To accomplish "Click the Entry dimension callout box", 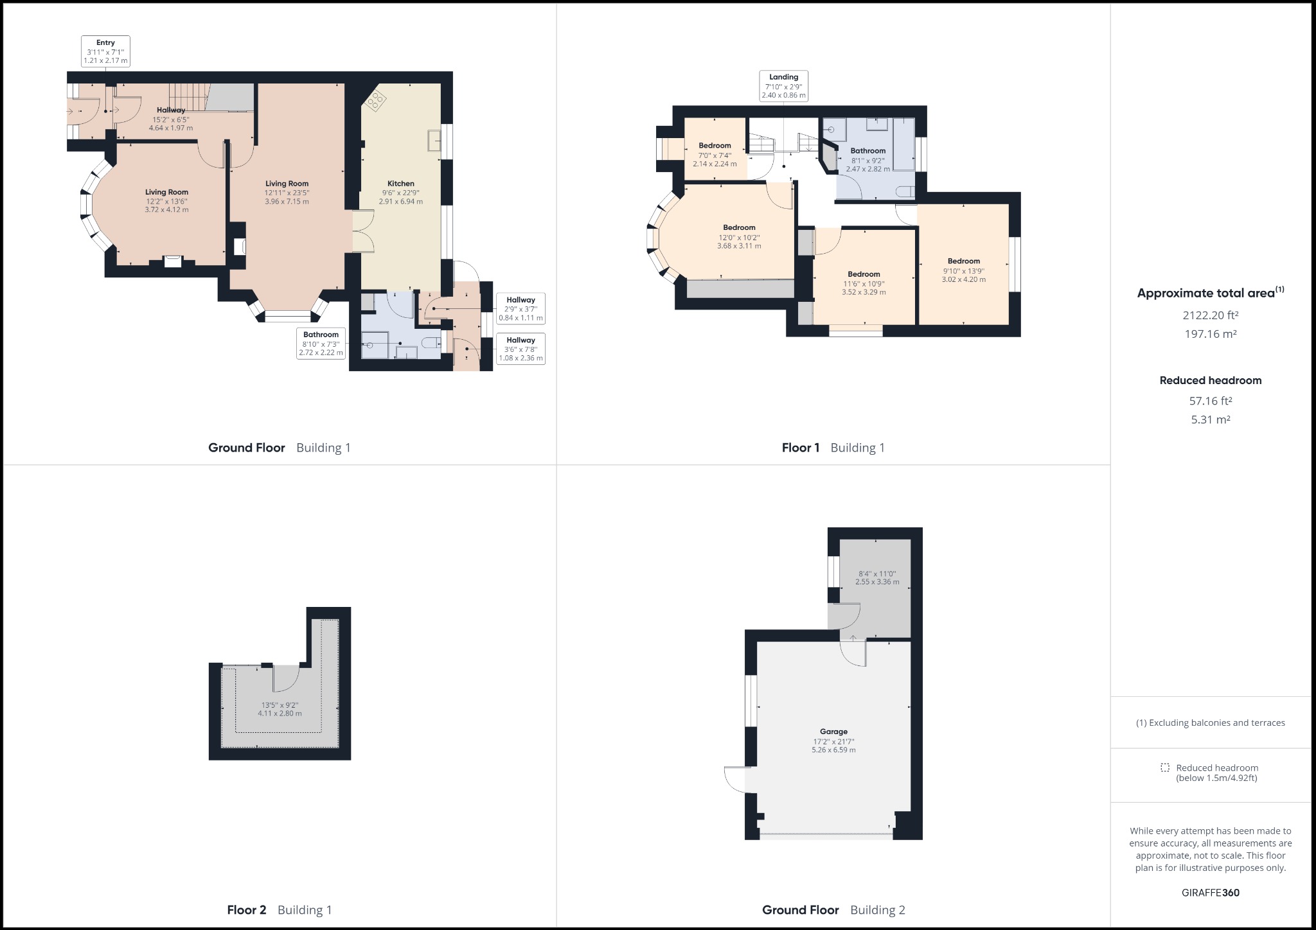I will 105,51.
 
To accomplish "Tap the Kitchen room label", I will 400,184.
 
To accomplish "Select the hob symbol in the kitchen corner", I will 375,100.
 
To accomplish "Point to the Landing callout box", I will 783,86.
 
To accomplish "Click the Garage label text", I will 833,732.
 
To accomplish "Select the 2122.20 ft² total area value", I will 1210,315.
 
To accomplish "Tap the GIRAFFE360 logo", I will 1210,893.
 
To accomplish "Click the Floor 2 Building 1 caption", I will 279,910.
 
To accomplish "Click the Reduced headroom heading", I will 1210,380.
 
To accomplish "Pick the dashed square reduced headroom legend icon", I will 1165,768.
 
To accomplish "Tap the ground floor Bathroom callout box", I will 321,344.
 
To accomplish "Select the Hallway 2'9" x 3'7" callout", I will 520,309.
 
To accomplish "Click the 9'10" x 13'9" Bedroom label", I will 963,270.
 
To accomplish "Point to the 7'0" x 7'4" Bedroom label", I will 715,155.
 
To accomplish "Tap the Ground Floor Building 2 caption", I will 833,910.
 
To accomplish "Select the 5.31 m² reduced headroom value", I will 1210,419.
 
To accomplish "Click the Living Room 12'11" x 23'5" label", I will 287,193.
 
